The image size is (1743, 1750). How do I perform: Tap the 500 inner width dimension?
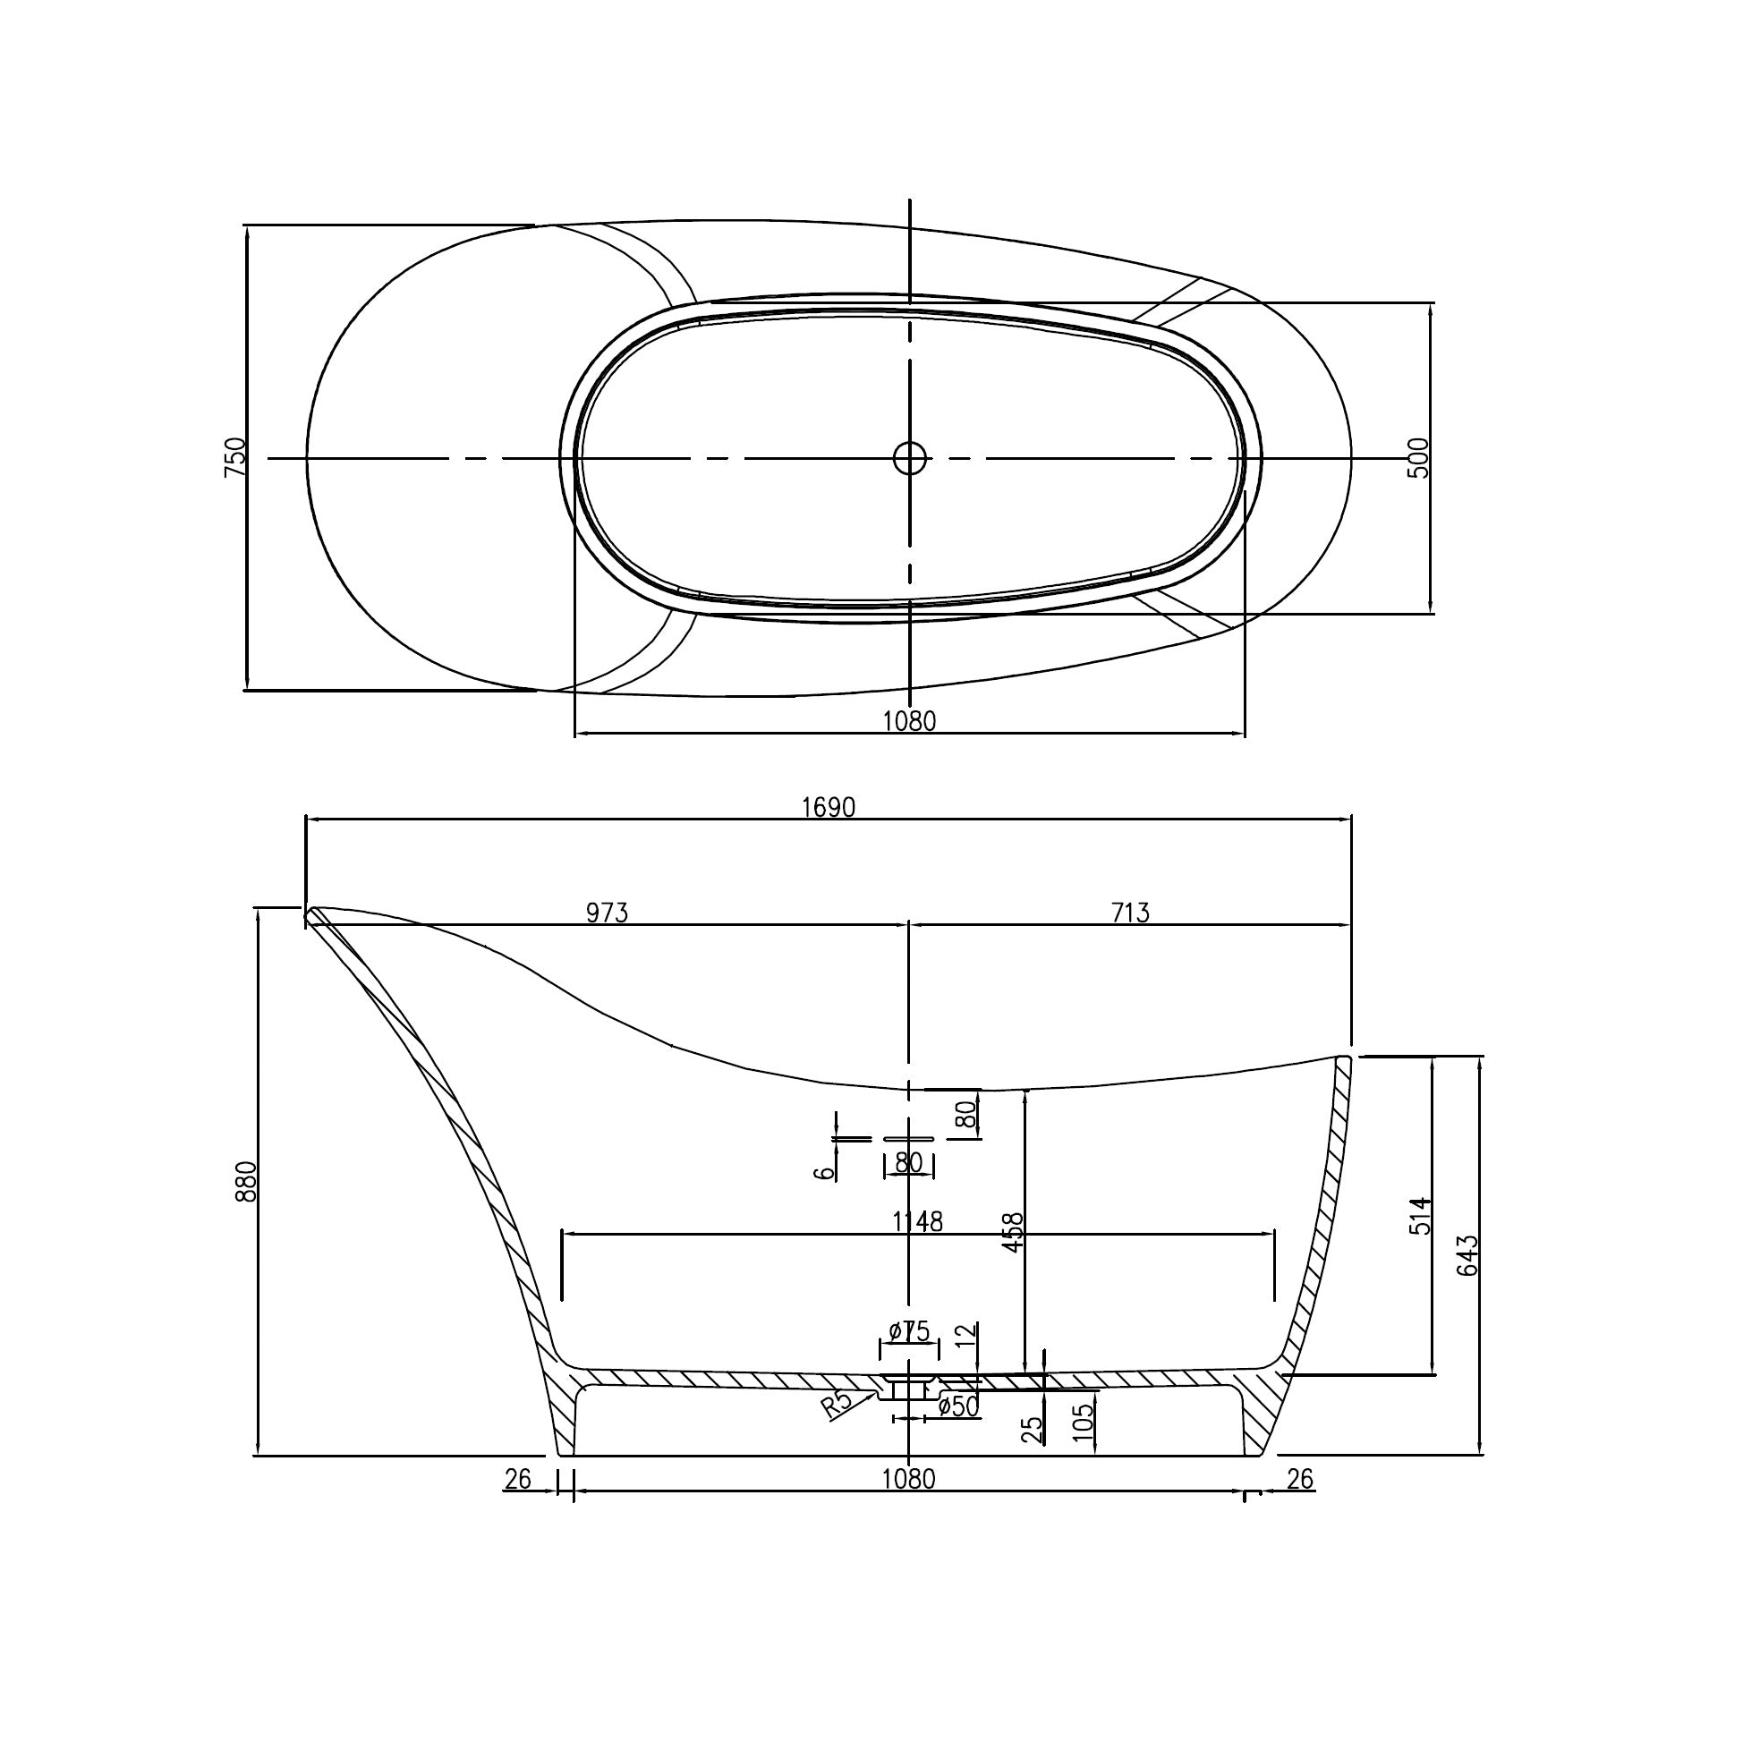point(1419,457)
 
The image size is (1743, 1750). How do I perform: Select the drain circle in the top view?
point(909,457)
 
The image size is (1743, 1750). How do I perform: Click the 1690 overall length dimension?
point(828,807)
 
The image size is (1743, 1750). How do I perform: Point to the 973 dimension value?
point(606,913)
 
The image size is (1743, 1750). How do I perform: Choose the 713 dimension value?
point(1130,913)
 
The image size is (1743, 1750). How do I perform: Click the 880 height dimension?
point(246,1181)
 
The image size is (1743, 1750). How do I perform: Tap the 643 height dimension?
point(1467,1254)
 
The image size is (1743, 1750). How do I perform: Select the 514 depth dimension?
point(1422,1215)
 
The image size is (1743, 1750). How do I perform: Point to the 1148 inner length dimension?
point(918,1222)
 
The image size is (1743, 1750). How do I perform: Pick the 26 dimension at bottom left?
point(517,1479)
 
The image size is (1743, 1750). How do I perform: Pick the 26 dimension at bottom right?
point(1299,1479)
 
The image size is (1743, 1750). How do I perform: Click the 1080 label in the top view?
point(909,721)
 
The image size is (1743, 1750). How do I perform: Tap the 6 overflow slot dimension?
point(823,1172)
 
